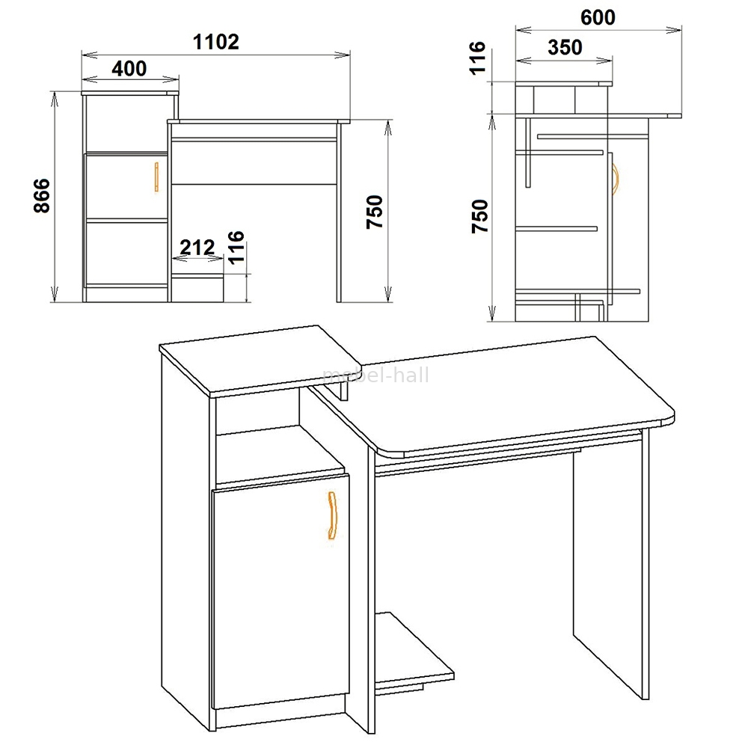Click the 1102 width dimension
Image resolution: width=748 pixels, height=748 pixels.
pyautogui.click(x=215, y=42)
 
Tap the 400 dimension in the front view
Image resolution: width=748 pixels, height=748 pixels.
pyautogui.click(x=129, y=69)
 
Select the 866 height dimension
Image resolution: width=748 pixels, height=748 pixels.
pyautogui.click(x=42, y=195)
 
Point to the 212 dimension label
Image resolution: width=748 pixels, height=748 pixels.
pyautogui.click(x=197, y=248)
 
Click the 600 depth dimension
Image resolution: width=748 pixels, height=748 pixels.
pyautogui.click(x=598, y=18)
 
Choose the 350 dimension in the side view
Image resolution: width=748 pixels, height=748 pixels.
pyautogui.click(x=565, y=48)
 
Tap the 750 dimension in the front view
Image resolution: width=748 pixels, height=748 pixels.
pyautogui.click(x=375, y=212)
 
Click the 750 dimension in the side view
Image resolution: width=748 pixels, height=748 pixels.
pyautogui.click(x=480, y=216)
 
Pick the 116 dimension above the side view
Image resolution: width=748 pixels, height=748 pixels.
pyautogui.click(x=477, y=58)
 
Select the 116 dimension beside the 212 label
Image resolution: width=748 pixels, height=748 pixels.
pyautogui.click(x=236, y=247)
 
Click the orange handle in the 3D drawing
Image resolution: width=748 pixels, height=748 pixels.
pyautogui.click(x=333, y=515)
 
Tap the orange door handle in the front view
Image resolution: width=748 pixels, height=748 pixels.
pyautogui.click(x=156, y=177)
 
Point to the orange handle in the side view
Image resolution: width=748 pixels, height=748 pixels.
pyautogui.click(x=616, y=180)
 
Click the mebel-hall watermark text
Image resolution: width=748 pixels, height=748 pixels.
pyautogui.click(x=376, y=375)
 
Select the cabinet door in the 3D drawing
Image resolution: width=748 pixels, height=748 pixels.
pyautogui.click(x=280, y=591)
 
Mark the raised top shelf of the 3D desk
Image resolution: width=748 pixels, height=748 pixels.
pyautogui.click(x=260, y=361)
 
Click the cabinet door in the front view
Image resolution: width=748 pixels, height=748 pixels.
pyautogui.click(x=126, y=186)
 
